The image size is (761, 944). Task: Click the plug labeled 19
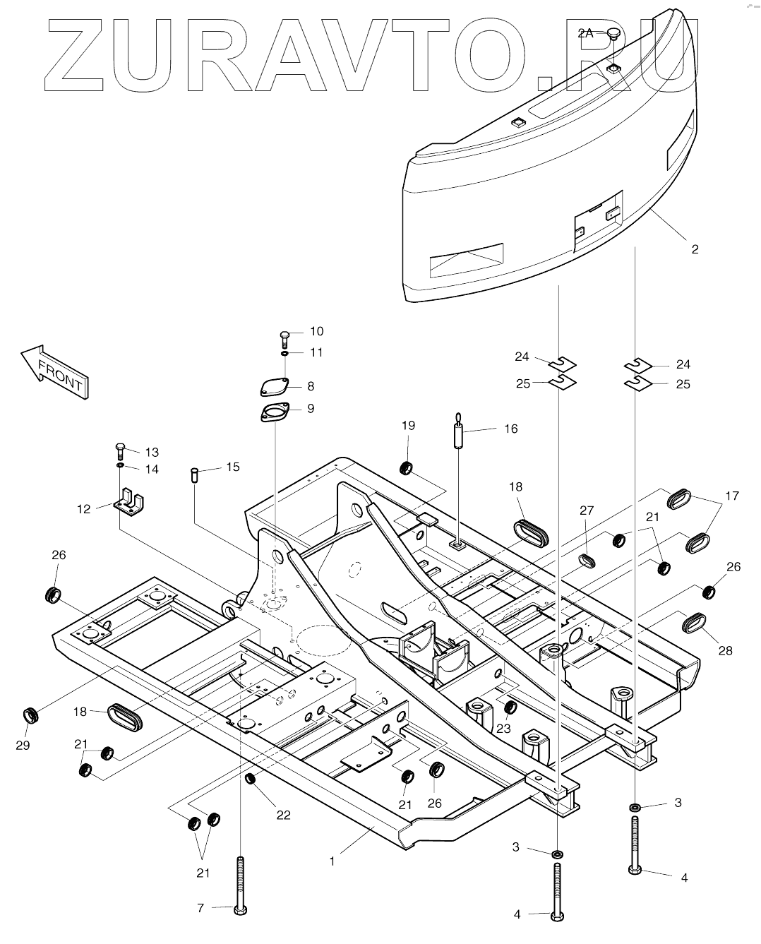[x=407, y=467]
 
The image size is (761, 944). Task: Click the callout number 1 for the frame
[x=332, y=861]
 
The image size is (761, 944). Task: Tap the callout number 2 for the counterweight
[x=695, y=249]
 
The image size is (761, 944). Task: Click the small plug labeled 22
[x=249, y=779]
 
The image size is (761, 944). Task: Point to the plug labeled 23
[x=508, y=707]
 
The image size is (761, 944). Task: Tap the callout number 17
[x=732, y=496]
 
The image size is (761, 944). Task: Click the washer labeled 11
[x=284, y=352]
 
